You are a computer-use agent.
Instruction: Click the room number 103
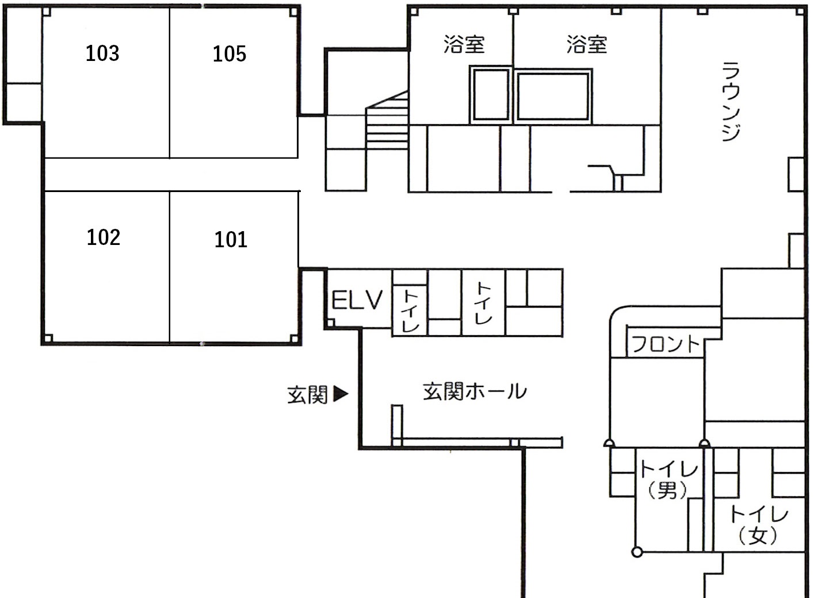[102, 53]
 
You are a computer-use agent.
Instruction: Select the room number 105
[230, 54]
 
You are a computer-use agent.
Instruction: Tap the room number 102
[104, 237]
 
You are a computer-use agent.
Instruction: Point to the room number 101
[231, 239]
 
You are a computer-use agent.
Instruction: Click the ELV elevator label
[357, 300]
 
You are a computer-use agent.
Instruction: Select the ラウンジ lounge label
[731, 101]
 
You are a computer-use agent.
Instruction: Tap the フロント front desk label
[665, 344]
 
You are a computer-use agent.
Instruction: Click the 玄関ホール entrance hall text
[475, 392]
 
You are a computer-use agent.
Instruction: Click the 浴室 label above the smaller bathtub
[464, 44]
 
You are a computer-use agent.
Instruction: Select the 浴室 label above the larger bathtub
[587, 44]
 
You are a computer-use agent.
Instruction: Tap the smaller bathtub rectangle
[491, 95]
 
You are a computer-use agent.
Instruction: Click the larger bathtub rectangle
[553, 96]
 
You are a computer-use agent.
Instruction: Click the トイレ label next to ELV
[411, 310]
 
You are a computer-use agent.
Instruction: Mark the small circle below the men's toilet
[637, 552]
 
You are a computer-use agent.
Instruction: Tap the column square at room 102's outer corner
[48, 339]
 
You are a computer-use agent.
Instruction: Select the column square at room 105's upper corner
[293, 12]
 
